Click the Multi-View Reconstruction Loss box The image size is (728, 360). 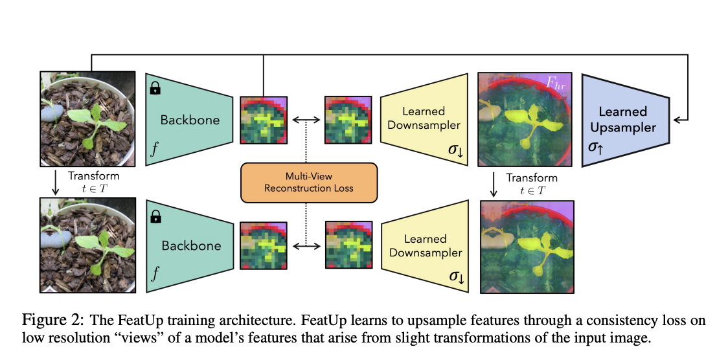click(308, 182)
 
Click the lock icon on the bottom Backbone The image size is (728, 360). click(155, 217)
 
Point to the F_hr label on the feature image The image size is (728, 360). click(556, 83)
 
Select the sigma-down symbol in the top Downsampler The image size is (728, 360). click(456, 150)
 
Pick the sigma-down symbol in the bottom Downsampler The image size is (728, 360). click(456, 276)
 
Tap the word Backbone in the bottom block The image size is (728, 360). click(191, 246)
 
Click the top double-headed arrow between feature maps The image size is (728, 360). click(306, 120)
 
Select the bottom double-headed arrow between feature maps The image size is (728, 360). click(306, 246)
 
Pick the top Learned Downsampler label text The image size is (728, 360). click(424, 118)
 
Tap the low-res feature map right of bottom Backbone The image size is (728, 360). click(264, 246)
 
